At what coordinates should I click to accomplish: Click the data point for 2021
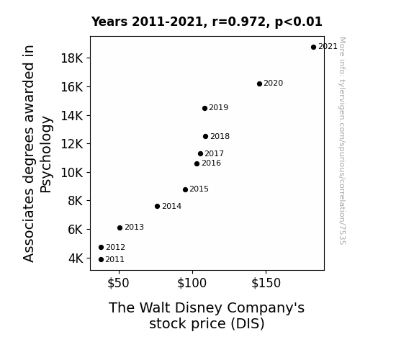313,48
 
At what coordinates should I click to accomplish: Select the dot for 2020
259,84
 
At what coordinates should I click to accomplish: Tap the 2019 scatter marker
204,108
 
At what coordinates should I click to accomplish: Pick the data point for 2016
197,163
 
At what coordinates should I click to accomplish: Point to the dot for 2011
101,260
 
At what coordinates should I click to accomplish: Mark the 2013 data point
120,228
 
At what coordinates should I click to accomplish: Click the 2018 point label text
220,136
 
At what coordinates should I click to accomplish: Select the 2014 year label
171,206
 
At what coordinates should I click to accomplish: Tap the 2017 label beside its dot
214,153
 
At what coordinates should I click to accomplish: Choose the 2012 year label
115,247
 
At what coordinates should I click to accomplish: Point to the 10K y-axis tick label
72,173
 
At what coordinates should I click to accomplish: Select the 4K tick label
76,258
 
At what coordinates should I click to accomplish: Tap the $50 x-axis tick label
118,283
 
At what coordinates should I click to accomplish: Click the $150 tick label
266,283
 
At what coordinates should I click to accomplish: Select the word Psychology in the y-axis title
46,155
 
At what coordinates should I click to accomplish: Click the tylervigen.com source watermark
342,141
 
